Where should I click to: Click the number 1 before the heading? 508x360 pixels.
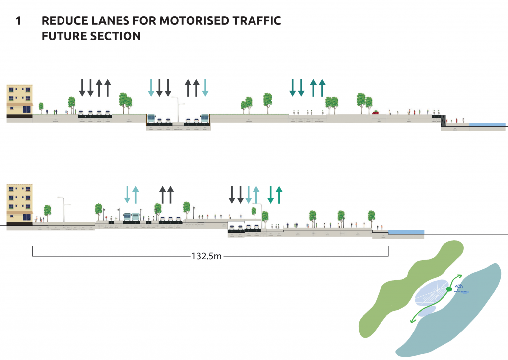click(18, 21)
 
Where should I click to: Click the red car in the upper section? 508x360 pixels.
click(376, 113)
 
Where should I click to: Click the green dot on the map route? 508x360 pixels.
click(449, 289)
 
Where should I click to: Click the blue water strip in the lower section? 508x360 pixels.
click(406, 232)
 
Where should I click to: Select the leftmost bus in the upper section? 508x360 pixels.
click(151, 119)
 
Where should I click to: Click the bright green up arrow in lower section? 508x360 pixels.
click(279, 194)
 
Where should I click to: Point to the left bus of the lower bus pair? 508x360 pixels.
click(127, 217)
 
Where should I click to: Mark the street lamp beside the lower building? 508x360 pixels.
click(63, 209)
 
